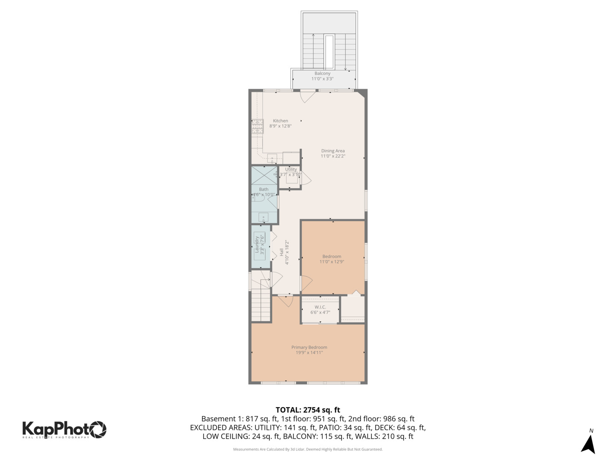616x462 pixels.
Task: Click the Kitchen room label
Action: click(x=281, y=121)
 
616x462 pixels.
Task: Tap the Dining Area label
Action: click(x=333, y=151)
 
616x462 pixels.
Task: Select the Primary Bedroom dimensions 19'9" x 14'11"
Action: click(x=309, y=353)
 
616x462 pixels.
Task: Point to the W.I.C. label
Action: click(x=320, y=307)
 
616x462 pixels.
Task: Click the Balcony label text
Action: click(x=322, y=74)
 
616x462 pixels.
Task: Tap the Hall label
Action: click(x=281, y=252)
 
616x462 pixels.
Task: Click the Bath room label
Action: click(x=264, y=189)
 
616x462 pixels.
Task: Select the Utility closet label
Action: click(x=291, y=169)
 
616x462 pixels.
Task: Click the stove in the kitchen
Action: click(x=257, y=126)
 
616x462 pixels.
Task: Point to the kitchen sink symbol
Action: click(x=272, y=159)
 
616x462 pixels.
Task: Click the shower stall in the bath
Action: click(x=264, y=175)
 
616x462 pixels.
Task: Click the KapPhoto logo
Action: click(x=64, y=429)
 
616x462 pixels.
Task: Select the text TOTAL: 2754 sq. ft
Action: click(x=308, y=410)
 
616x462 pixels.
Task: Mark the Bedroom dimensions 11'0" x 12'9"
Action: click(x=332, y=262)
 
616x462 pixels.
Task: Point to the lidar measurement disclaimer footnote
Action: click(x=308, y=449)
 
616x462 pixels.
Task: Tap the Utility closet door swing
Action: click(x=306, y=178)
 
